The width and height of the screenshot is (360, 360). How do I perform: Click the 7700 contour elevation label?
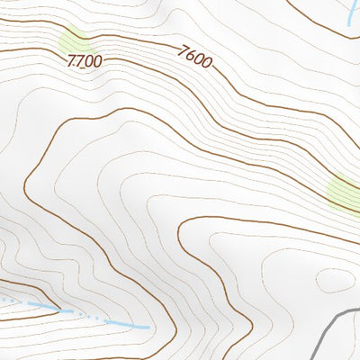[x=84, y=62]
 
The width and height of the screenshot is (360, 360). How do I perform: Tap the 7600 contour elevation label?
[x=195, y=58]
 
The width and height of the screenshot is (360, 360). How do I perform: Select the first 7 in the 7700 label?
[x=71, y=60]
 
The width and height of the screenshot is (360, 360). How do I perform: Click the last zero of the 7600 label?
[x=208, y=63]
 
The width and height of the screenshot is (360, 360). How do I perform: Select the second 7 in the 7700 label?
[x=79, y=61]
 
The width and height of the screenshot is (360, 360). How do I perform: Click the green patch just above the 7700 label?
[x=74, y=40]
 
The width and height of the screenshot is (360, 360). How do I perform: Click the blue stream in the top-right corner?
[x=348, y=13]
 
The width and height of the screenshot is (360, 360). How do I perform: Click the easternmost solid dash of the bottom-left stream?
[x=125, y=324]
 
